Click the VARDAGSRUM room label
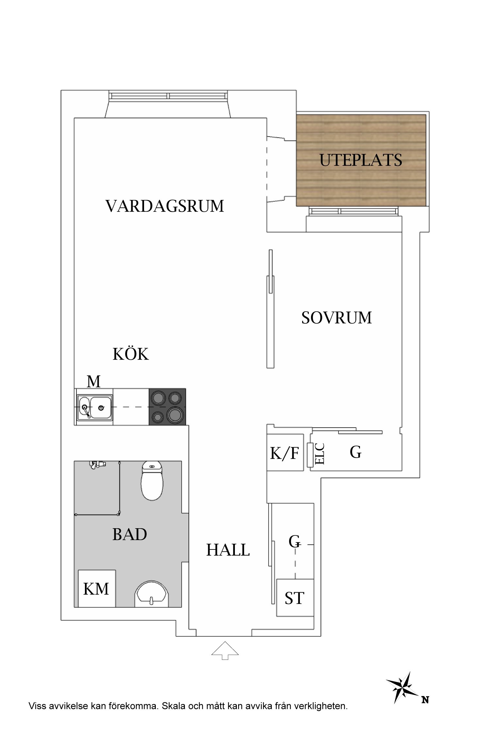pos(165,206)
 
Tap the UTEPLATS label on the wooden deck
pos(361,160)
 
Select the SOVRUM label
pos(336,318)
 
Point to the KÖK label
pos(130,354)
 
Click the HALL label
pos(228,550)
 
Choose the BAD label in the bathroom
pos(130,535)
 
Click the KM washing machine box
pos(96,589)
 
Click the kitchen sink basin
pos(101,407)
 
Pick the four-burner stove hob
pos(167,407)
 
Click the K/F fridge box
pos(285,453)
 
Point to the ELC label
pos(320,454)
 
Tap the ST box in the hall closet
pos(295,598)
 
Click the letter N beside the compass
pos(425,700)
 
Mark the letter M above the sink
pos(93,381)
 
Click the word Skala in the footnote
pos(173,706)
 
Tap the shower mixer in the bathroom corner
pos(97,464)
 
